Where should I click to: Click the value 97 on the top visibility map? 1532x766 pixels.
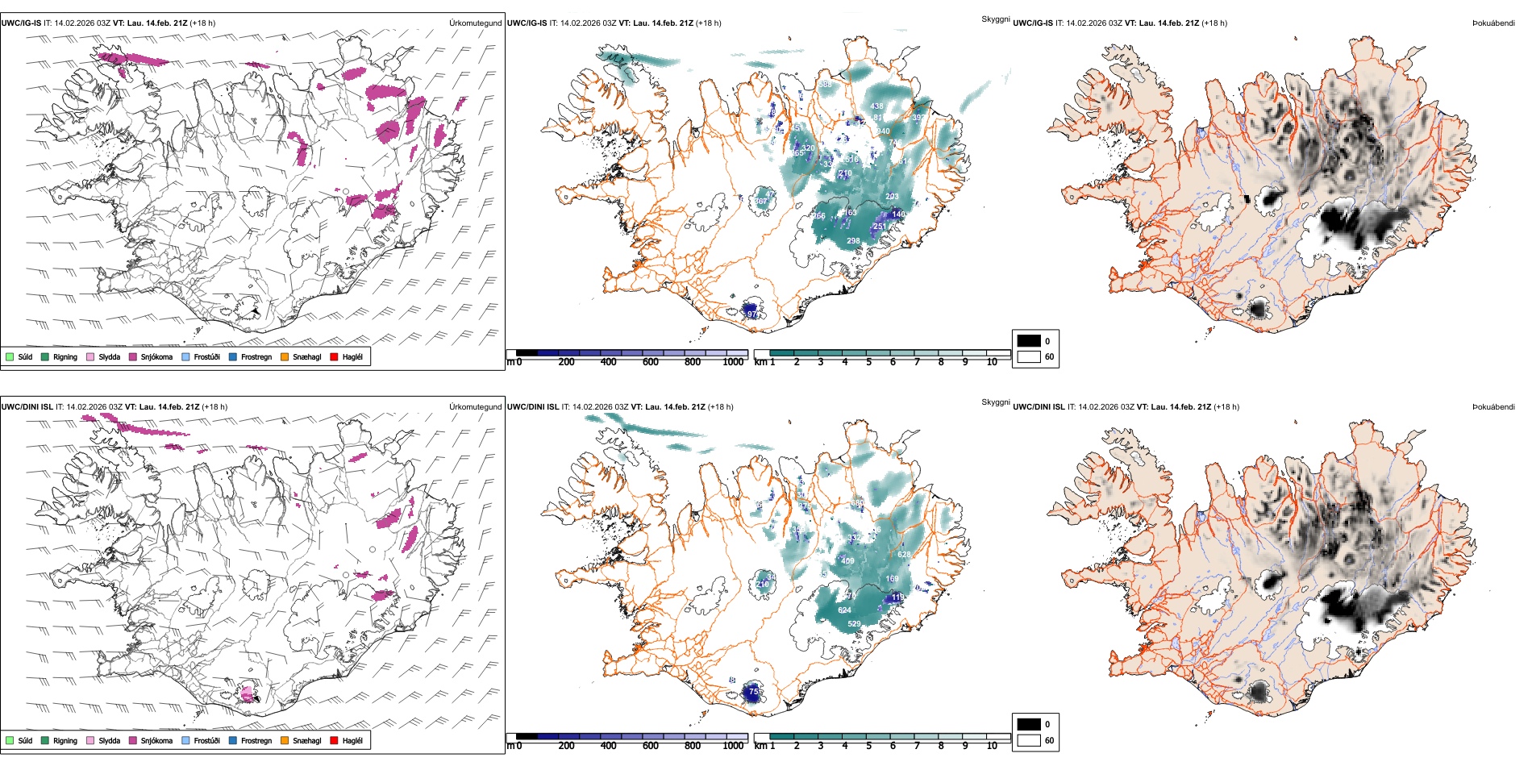pos(751,314)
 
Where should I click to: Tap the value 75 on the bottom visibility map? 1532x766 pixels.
pos(753,692)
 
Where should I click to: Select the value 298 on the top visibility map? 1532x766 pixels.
pos(853,241)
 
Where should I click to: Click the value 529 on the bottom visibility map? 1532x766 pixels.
pos(854,624)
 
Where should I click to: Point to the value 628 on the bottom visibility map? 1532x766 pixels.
pos(904,555)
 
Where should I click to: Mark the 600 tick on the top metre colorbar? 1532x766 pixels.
pos(651,362)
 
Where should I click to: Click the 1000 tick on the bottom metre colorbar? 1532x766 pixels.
pos(733,746)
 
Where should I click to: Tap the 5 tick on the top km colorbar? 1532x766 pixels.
pos(868,362)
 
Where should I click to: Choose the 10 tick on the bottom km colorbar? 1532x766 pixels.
pos(992,746)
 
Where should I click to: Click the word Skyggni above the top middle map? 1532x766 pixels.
pos(995,19)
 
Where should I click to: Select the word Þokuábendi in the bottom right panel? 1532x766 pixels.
pos(1493,407)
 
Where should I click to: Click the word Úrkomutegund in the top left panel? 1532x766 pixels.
pos(475,23)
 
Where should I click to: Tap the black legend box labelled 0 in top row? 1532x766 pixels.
pos(1029,340)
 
